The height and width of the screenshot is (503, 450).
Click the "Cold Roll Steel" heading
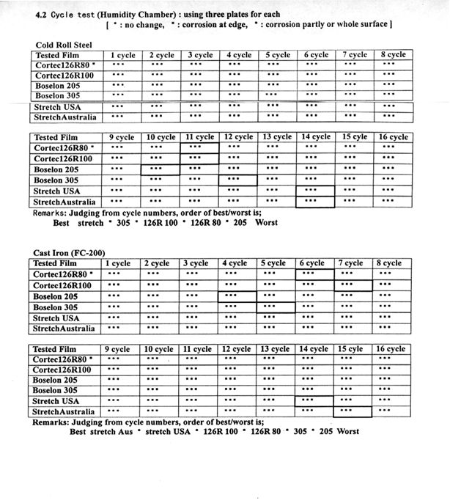pos(64,44)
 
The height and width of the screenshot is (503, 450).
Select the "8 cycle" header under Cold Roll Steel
pos(394,55)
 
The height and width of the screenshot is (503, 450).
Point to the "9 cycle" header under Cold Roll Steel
pos(121,137)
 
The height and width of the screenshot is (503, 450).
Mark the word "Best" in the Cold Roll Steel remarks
pos(61,222)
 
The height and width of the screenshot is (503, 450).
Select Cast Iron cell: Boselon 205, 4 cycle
pos(237,297)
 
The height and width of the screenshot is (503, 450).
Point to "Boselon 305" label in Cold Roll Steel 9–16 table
pos(56,180)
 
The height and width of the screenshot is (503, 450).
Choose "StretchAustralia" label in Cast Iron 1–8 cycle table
pos(64,329)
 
